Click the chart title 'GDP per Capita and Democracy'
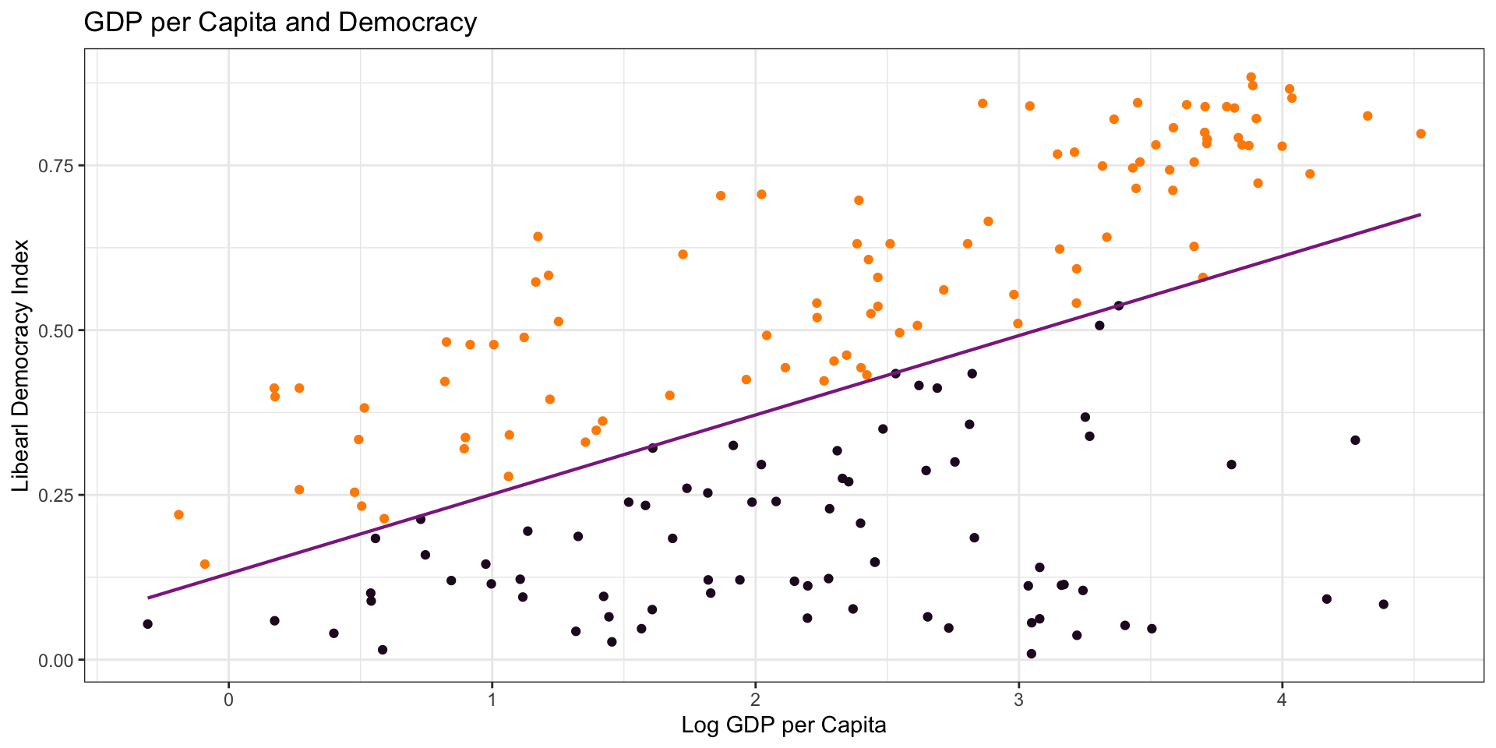(x=280, y=23)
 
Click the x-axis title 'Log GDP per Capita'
(x=783, y=725)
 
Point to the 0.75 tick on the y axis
(x=60, y=166)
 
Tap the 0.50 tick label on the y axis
(x=60, y=330)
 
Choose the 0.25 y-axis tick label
(x=60, y=496)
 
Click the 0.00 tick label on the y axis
(x=60, y=660)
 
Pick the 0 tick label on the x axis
(x=228, y=698)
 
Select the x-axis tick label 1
(x=492, y=698)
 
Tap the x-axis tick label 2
(x=755, y=698)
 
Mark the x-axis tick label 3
(x=1018, y=698)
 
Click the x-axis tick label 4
(x=1282, y=698)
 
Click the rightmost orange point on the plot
(x=1420, y=134)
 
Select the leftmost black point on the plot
(x=147, y=624)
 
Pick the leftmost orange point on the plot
(x=178, y=515)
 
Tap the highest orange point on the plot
(x=1251, y=77)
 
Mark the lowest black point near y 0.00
(x=1031, y=654)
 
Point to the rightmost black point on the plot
(x=1383, y=605)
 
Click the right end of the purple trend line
(x=1420, y=214)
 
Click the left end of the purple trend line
(x=148, y=598)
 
